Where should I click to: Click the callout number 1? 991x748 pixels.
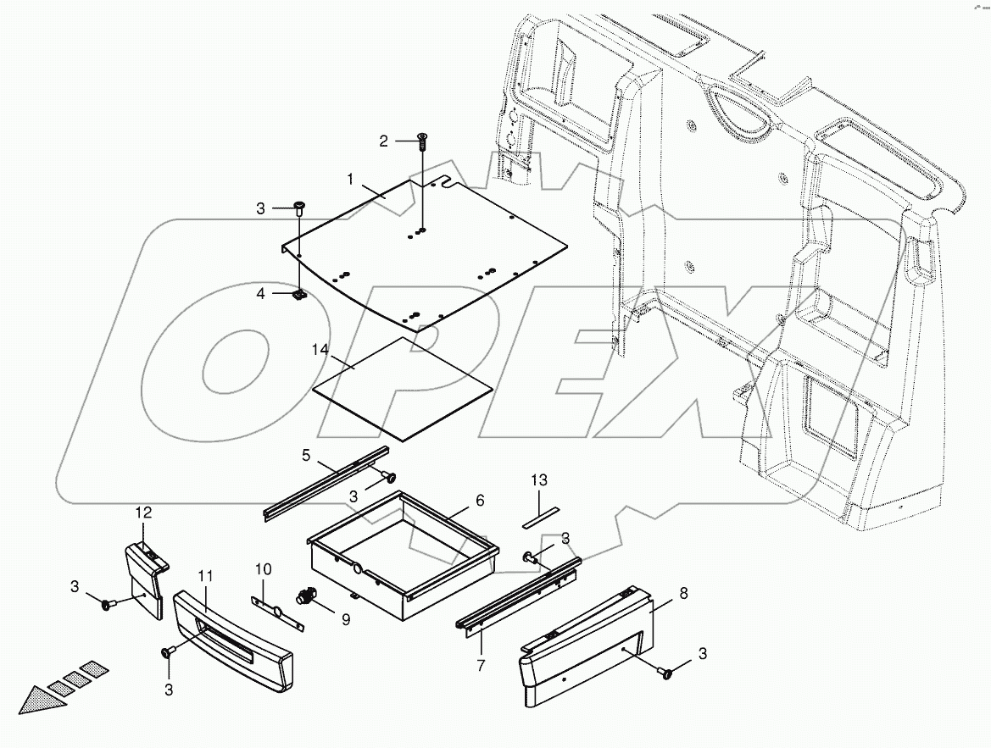(349, 179)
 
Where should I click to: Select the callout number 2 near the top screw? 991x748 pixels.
(383, 141)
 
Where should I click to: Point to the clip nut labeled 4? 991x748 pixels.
(299, 295)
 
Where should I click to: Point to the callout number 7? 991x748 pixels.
(481, 665)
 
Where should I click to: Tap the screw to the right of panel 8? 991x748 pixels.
(667, 674)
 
